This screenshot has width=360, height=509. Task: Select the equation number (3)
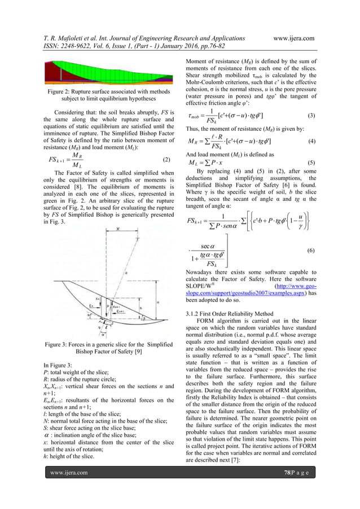[x=311, y=115]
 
